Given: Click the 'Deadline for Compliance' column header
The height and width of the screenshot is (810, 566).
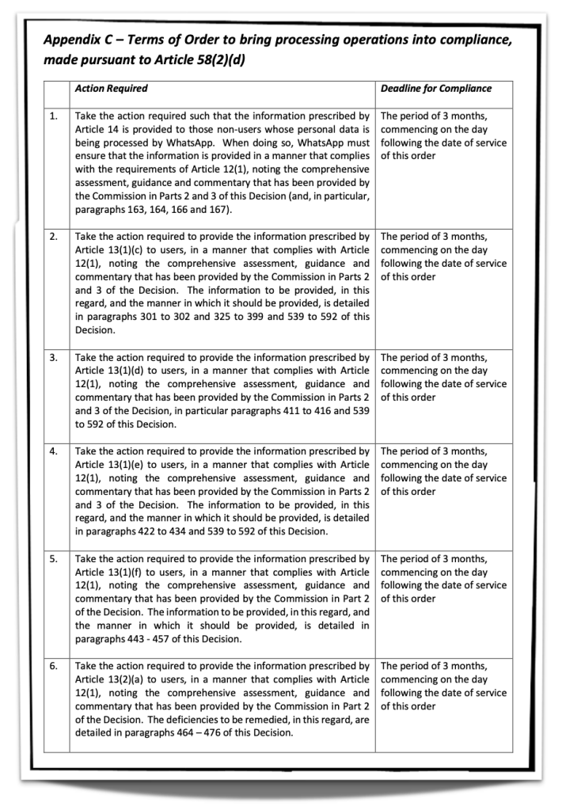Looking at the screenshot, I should (435, 89).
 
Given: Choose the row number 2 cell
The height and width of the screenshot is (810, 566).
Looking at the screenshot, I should (53, 237).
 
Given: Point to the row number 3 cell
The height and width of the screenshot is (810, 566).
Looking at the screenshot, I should (53, 357).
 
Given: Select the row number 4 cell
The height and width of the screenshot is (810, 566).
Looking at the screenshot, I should (53, 451).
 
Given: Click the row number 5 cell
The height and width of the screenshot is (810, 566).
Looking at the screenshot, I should (53, 559).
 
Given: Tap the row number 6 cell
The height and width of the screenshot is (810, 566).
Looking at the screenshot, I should (53, 667).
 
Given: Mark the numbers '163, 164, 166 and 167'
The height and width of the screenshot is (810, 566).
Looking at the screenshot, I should (185, 210).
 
